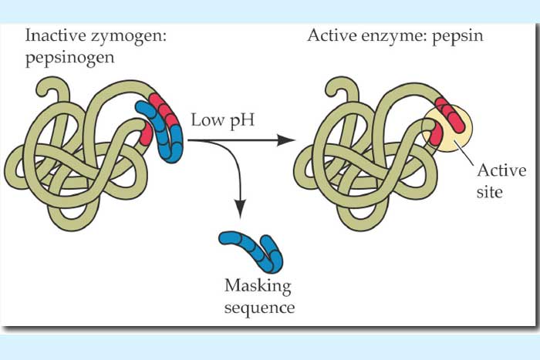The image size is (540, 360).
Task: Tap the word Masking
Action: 258,287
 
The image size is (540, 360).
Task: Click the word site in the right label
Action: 489,190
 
